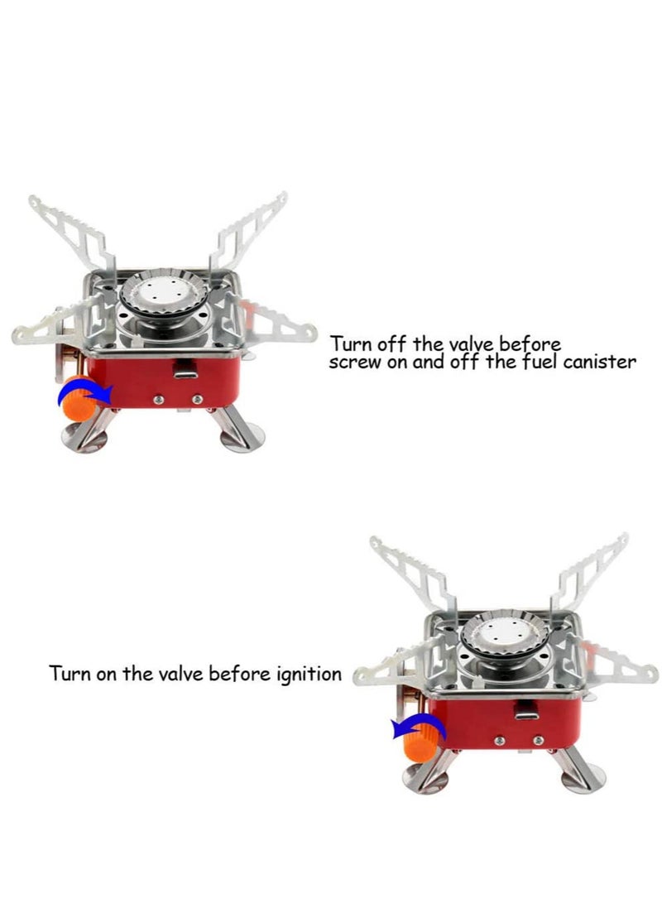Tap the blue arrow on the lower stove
point(419,727)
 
